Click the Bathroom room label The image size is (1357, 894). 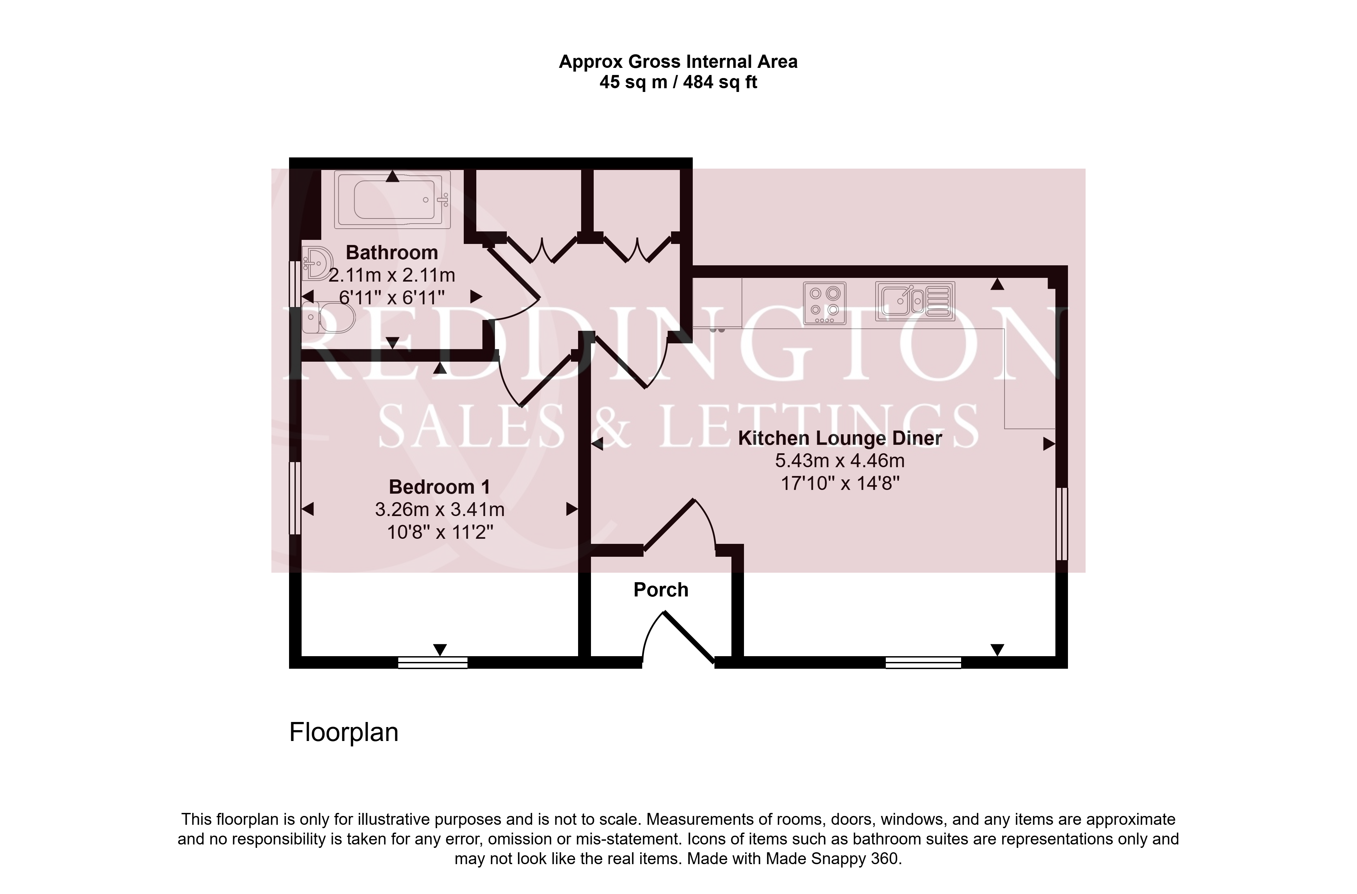[392, 252]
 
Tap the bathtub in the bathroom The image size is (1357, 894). [392, 199]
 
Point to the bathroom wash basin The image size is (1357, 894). [317, 263]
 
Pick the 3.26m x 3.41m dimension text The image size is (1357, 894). [440, 509]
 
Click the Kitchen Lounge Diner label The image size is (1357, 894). [840, 438]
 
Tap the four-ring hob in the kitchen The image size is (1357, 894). [824, 303]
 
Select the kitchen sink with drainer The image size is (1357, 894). [915, 301]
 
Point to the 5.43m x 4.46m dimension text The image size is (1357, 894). [840, 461]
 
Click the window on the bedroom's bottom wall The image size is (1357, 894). [433, 662]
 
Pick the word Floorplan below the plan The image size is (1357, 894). [344, 733]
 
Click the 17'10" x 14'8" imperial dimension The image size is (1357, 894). [840, 483]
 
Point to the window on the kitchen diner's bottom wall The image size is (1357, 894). [923, 662]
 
